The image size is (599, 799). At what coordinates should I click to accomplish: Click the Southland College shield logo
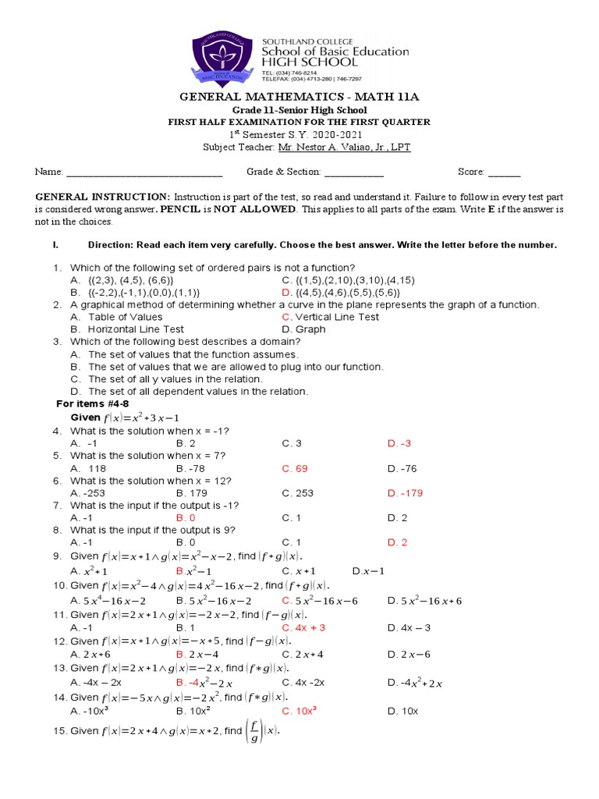point(226,59)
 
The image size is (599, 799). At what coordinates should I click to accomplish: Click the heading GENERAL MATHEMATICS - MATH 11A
point(299,97)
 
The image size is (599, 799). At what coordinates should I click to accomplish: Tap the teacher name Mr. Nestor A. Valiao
point(344,147)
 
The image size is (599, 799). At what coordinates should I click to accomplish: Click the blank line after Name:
point(144,172)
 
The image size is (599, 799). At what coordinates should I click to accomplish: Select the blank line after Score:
point(504,172)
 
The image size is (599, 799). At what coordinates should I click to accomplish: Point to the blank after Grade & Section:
point(353,172)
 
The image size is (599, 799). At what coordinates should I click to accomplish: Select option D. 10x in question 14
point(403,711)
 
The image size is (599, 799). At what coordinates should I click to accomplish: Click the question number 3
point(57,342)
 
